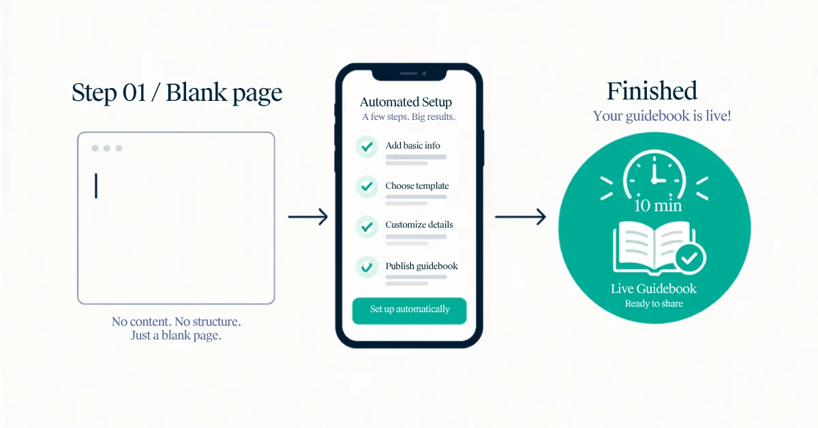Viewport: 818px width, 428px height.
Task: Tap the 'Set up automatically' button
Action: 410,311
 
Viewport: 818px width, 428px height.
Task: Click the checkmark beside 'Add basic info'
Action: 367,147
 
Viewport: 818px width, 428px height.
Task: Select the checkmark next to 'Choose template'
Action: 367,187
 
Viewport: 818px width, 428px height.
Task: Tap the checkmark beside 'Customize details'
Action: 367,227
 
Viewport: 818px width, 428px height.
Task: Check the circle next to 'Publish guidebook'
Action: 367,267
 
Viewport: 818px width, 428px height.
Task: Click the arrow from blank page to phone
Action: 308,217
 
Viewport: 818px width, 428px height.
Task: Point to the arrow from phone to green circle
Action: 520,217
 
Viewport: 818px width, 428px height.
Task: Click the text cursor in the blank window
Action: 96,186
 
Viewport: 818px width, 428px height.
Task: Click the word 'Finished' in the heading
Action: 652,91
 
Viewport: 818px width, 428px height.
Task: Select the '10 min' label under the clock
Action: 658,206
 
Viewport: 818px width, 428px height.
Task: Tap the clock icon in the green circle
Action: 654,175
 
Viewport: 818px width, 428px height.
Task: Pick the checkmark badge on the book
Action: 690,258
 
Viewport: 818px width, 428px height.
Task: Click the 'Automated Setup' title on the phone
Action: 406,102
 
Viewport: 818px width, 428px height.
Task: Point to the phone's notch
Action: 409,74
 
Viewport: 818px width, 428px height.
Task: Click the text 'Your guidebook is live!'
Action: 662,116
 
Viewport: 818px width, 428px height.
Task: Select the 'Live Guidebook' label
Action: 654,288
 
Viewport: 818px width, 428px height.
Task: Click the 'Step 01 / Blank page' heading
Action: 177,93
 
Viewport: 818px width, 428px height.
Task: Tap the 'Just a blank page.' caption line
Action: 176,335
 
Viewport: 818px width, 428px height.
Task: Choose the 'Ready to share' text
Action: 654,303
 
